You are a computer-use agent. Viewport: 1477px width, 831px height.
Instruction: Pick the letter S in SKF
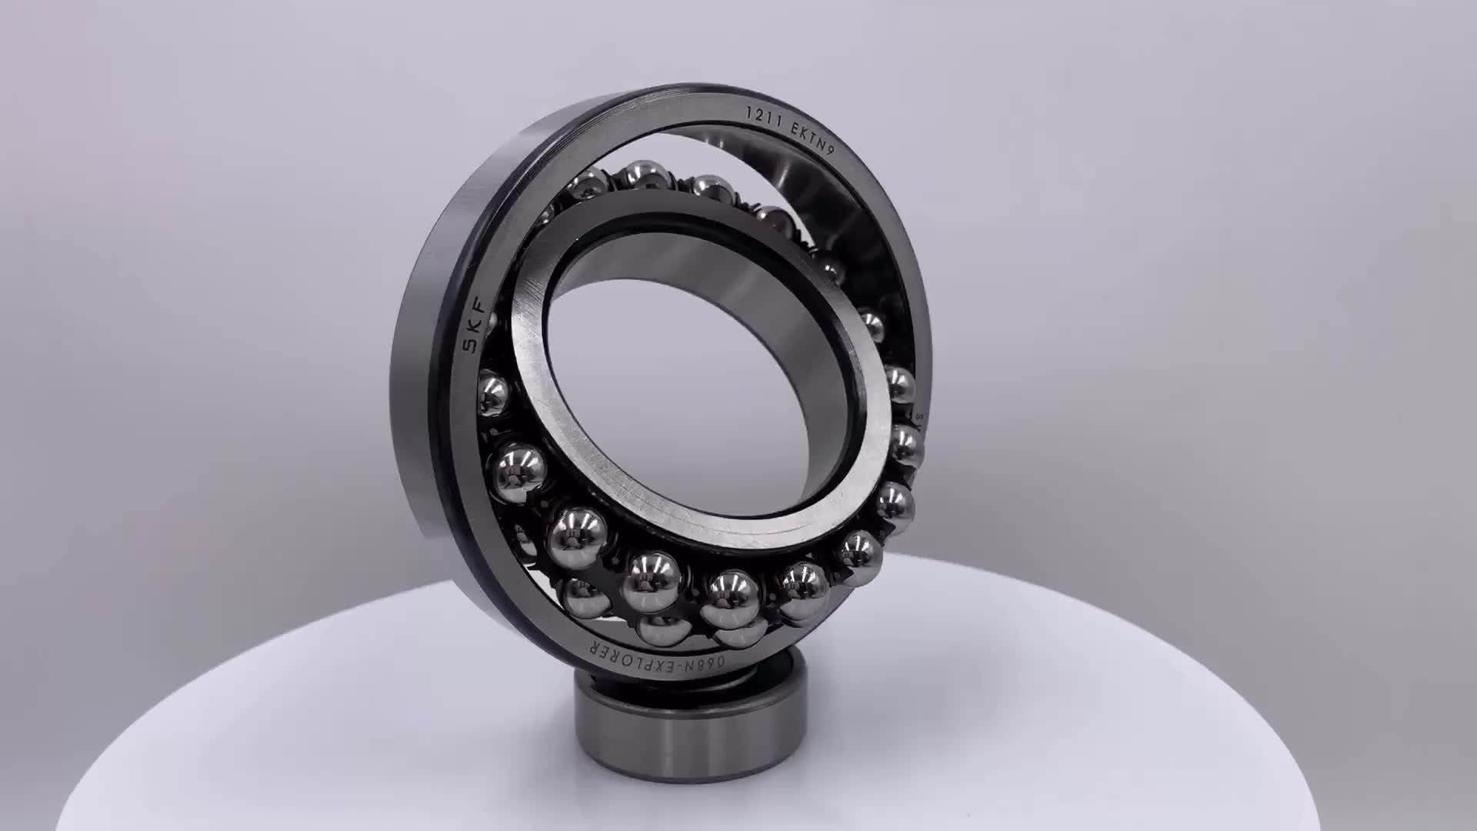click(467, 345)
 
